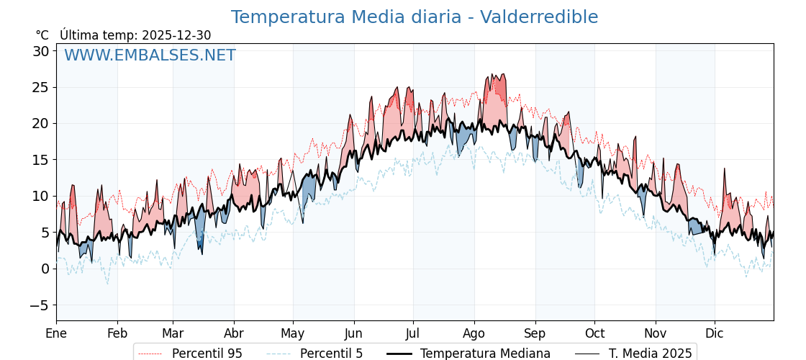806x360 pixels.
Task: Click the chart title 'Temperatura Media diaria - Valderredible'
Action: point(414,17)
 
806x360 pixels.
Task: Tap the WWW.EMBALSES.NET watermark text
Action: point(150,55)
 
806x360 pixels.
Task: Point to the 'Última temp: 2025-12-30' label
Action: point(135,35)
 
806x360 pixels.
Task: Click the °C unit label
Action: point(42,35)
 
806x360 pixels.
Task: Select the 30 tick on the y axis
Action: point(40,51)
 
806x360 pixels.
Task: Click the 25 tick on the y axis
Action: point(40,87)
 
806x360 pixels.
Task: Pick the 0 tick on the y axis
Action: point(45,269)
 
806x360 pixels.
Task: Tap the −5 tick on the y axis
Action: point(40,305)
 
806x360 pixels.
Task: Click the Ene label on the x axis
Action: point(56,333)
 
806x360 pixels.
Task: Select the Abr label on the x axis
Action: point(234,333)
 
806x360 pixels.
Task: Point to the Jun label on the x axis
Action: point(353,333)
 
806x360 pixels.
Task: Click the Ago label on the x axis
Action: point(474,333)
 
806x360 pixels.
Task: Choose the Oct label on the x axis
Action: point(594,333)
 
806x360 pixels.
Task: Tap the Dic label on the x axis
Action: point(715,333)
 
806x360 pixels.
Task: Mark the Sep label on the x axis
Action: point(535,333)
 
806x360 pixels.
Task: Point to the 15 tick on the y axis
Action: point(40,160)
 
